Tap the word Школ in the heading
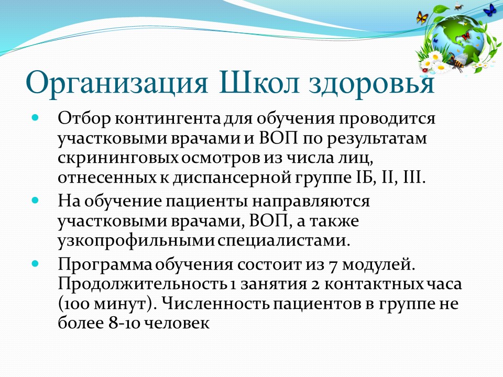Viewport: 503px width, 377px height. coord(259,82)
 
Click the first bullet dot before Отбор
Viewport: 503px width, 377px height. coord(35,117)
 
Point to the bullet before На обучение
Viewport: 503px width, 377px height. coord(35,201)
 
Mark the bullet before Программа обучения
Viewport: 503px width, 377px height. coord(35,264)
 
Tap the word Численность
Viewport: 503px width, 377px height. coord(215,304)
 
